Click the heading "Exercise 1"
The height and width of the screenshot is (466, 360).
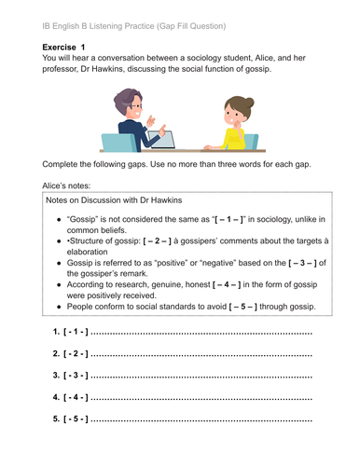coord(70,46)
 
